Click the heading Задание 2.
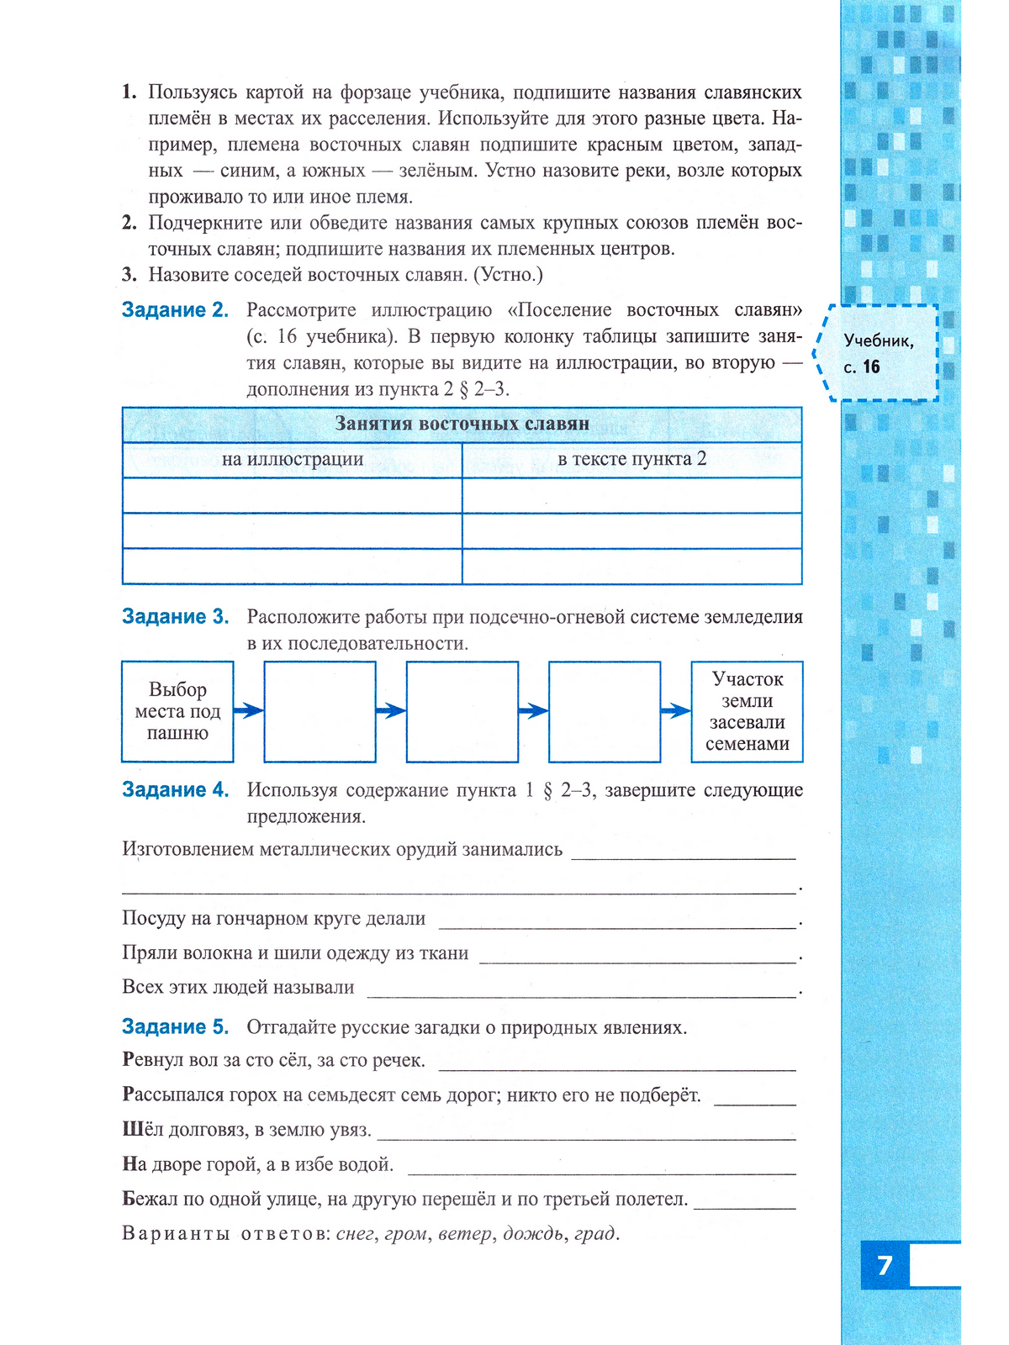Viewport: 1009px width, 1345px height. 175,310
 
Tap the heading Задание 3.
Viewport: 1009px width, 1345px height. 175,617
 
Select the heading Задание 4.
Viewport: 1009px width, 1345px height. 175,790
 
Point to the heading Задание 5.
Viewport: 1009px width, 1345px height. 175,1027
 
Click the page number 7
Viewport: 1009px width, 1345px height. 884,1265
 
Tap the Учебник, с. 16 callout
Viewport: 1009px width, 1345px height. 879,353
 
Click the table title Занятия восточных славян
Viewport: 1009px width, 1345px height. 462,424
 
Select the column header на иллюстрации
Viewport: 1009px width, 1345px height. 292,459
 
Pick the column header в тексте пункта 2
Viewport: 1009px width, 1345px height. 631,459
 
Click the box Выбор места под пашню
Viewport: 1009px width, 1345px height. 177,711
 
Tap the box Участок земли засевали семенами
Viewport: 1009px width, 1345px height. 747,711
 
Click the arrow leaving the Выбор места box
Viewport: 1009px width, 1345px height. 249,711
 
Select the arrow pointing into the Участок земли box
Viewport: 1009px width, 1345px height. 676,711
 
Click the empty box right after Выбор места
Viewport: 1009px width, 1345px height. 320,711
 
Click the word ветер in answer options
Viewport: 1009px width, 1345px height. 464,1234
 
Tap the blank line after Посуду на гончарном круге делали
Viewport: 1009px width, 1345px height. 617,925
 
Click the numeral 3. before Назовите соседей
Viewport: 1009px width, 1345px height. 129,275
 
